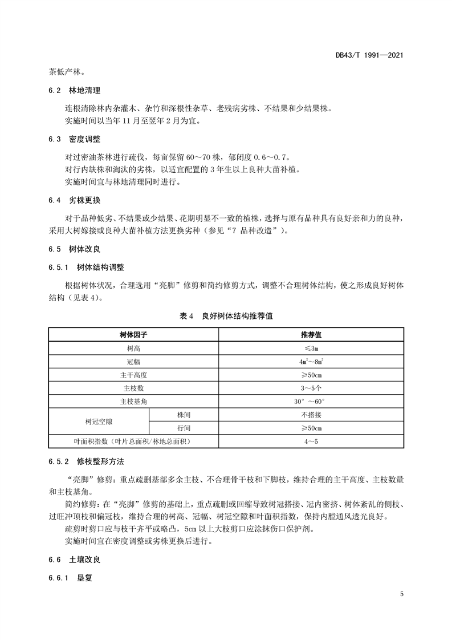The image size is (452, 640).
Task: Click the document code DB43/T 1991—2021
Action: pos(370,56)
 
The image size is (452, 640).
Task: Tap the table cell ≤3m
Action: pos(312,348)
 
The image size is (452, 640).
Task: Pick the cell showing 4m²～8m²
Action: pos(312,362)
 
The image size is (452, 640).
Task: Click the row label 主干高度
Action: pos(133,375)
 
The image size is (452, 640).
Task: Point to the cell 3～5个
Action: pos(312,388)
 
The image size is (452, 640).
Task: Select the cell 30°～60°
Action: pos(312,402)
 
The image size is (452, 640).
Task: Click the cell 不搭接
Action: pos(312,415)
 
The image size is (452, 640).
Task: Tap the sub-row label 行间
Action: pos(183,428)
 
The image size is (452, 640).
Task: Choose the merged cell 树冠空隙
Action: pos(99,422)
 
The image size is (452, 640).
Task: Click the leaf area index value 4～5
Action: pos(312,441)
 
